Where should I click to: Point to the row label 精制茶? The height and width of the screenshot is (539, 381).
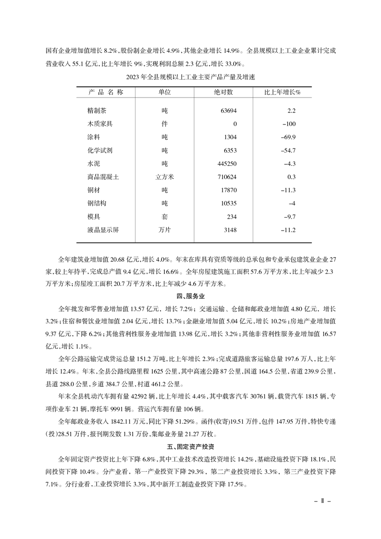pos(97,110)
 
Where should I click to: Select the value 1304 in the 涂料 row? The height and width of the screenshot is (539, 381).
pos(230,137)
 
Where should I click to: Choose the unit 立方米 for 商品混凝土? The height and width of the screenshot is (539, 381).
pos(165,177)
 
